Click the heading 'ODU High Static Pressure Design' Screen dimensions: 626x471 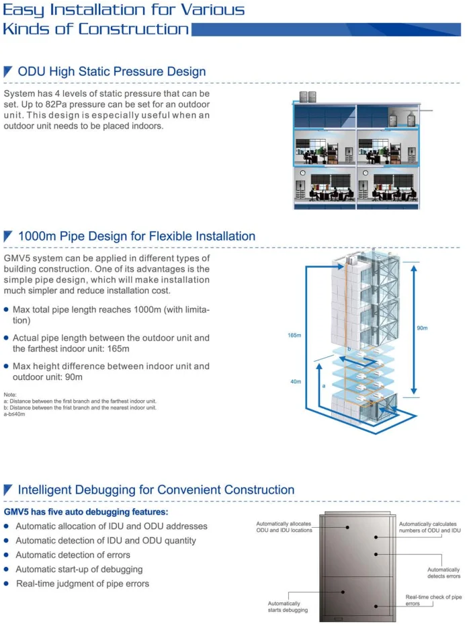(112, 71)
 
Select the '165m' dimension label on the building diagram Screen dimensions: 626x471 (294, 334)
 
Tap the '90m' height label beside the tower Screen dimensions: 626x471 (422, 328)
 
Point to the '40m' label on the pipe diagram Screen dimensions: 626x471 (296, 381)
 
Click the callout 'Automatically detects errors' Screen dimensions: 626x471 (443, 572)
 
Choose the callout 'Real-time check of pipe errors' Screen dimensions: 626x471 (433, 600)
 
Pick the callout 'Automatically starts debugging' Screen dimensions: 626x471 (288, 607)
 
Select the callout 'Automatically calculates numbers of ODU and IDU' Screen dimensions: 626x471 (430, 527)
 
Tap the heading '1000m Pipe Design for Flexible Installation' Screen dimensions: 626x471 (136, 236)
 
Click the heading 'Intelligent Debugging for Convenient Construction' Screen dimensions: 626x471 (156, 490)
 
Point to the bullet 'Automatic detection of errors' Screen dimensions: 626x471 (73, 555)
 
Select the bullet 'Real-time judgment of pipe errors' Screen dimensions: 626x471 (82, 583)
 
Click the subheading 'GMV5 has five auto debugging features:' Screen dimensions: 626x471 (87, 512)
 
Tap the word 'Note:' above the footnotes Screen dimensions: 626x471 (9, 395)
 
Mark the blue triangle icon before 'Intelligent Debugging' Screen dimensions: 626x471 (9, 490)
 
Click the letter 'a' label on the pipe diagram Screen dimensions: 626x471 (323, 386)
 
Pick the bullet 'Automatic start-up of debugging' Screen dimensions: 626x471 (79, 569)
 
